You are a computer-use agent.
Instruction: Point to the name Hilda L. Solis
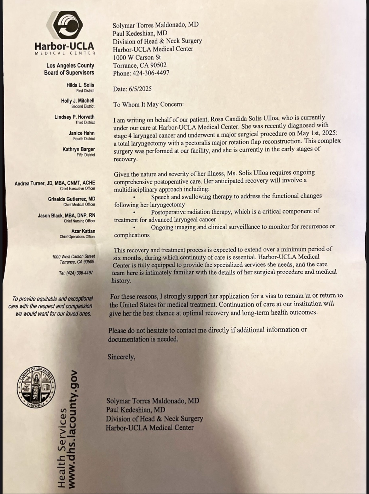coord(80,85)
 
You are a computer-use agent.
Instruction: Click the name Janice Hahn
coord(81,133)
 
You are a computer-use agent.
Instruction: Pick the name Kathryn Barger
coord(79,149)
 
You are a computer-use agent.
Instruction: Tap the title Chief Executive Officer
coord(78,189)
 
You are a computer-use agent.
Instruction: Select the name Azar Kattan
coord(83,231)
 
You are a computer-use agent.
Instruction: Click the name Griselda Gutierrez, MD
coord(72,199)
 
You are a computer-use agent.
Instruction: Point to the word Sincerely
coord(121,357)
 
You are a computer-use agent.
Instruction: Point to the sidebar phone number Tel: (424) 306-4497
coord(76,273)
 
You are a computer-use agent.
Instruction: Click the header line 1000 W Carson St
coord(137,57)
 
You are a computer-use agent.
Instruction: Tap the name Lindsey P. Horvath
coord(74,117)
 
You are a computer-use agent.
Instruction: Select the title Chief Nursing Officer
coord(79,221)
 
